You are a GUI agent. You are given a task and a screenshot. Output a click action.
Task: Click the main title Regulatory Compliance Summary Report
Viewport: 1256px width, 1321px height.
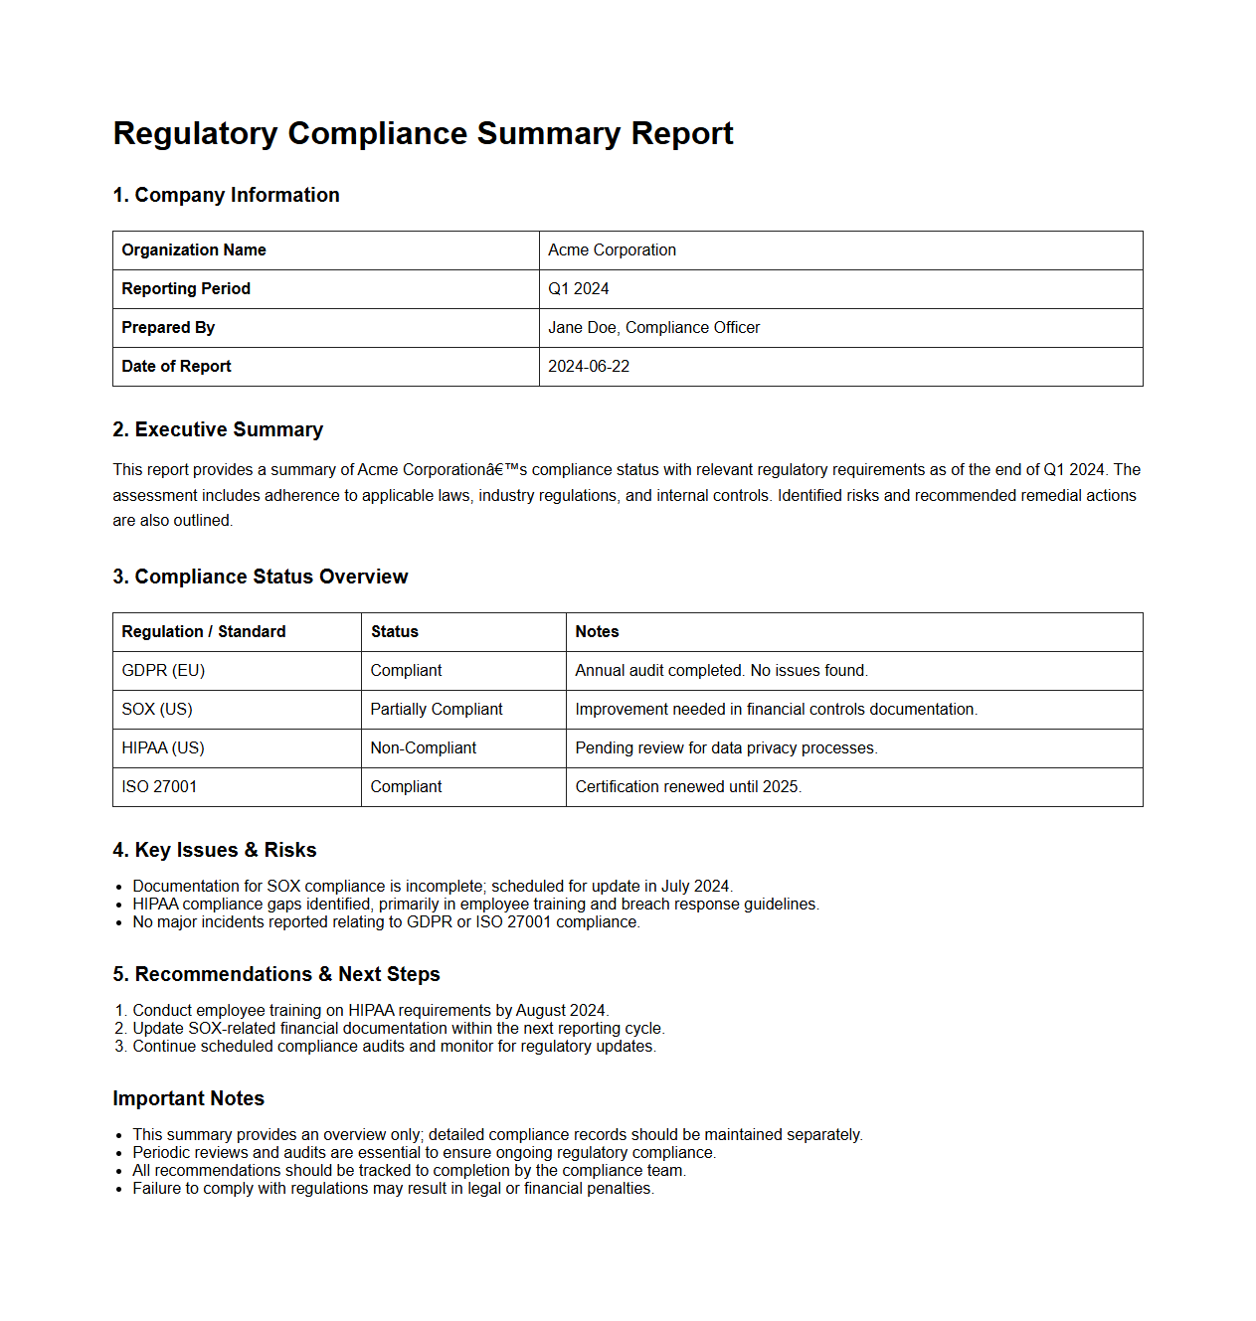tap(423, 133)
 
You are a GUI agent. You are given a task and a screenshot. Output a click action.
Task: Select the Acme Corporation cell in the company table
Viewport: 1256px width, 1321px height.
tap(612, 250)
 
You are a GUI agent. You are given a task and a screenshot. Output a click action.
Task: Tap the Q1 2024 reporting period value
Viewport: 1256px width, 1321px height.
tap(578, 289)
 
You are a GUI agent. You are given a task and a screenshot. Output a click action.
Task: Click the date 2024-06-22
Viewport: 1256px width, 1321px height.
tap(589, 367)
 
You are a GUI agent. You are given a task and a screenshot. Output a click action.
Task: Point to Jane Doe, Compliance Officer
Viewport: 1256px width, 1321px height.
tap(653, 328)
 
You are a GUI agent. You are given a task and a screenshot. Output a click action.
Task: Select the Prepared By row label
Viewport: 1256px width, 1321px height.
tap(168, 328)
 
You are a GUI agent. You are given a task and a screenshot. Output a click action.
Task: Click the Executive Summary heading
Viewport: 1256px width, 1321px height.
tap(218, 429)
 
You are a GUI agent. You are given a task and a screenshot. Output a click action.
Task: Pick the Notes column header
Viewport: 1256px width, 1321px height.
tap(597, 632)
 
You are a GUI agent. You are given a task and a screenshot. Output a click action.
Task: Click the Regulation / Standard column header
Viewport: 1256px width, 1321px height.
tap(204, 632)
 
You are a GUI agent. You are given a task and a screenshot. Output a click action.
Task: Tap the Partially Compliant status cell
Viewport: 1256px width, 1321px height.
tap(437, 710)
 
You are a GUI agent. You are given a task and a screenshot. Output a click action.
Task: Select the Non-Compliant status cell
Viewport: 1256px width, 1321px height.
tap(424, 748)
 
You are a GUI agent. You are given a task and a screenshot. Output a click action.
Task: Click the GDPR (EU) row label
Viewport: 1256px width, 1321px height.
tap(163, 671)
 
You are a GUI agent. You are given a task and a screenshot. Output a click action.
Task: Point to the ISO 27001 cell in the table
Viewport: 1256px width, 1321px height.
tap(159, 787)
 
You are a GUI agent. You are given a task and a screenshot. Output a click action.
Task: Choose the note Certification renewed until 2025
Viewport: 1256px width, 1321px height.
tap(688, 787)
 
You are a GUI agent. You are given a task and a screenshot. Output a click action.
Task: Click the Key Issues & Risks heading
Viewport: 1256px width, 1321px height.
tap(215, 850)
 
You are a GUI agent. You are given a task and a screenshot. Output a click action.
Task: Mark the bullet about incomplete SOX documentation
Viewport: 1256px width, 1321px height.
tap(433, 887)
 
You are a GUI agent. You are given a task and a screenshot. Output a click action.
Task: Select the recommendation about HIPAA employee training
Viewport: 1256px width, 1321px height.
tap(370, 1011)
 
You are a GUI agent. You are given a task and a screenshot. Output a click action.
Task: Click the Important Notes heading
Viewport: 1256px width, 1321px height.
tap(188, 1098)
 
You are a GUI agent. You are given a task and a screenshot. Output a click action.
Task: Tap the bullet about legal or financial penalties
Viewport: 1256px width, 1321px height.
tap(393, 1189)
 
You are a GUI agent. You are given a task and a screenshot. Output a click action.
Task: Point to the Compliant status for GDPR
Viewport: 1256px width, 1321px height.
tap(406, 671)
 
